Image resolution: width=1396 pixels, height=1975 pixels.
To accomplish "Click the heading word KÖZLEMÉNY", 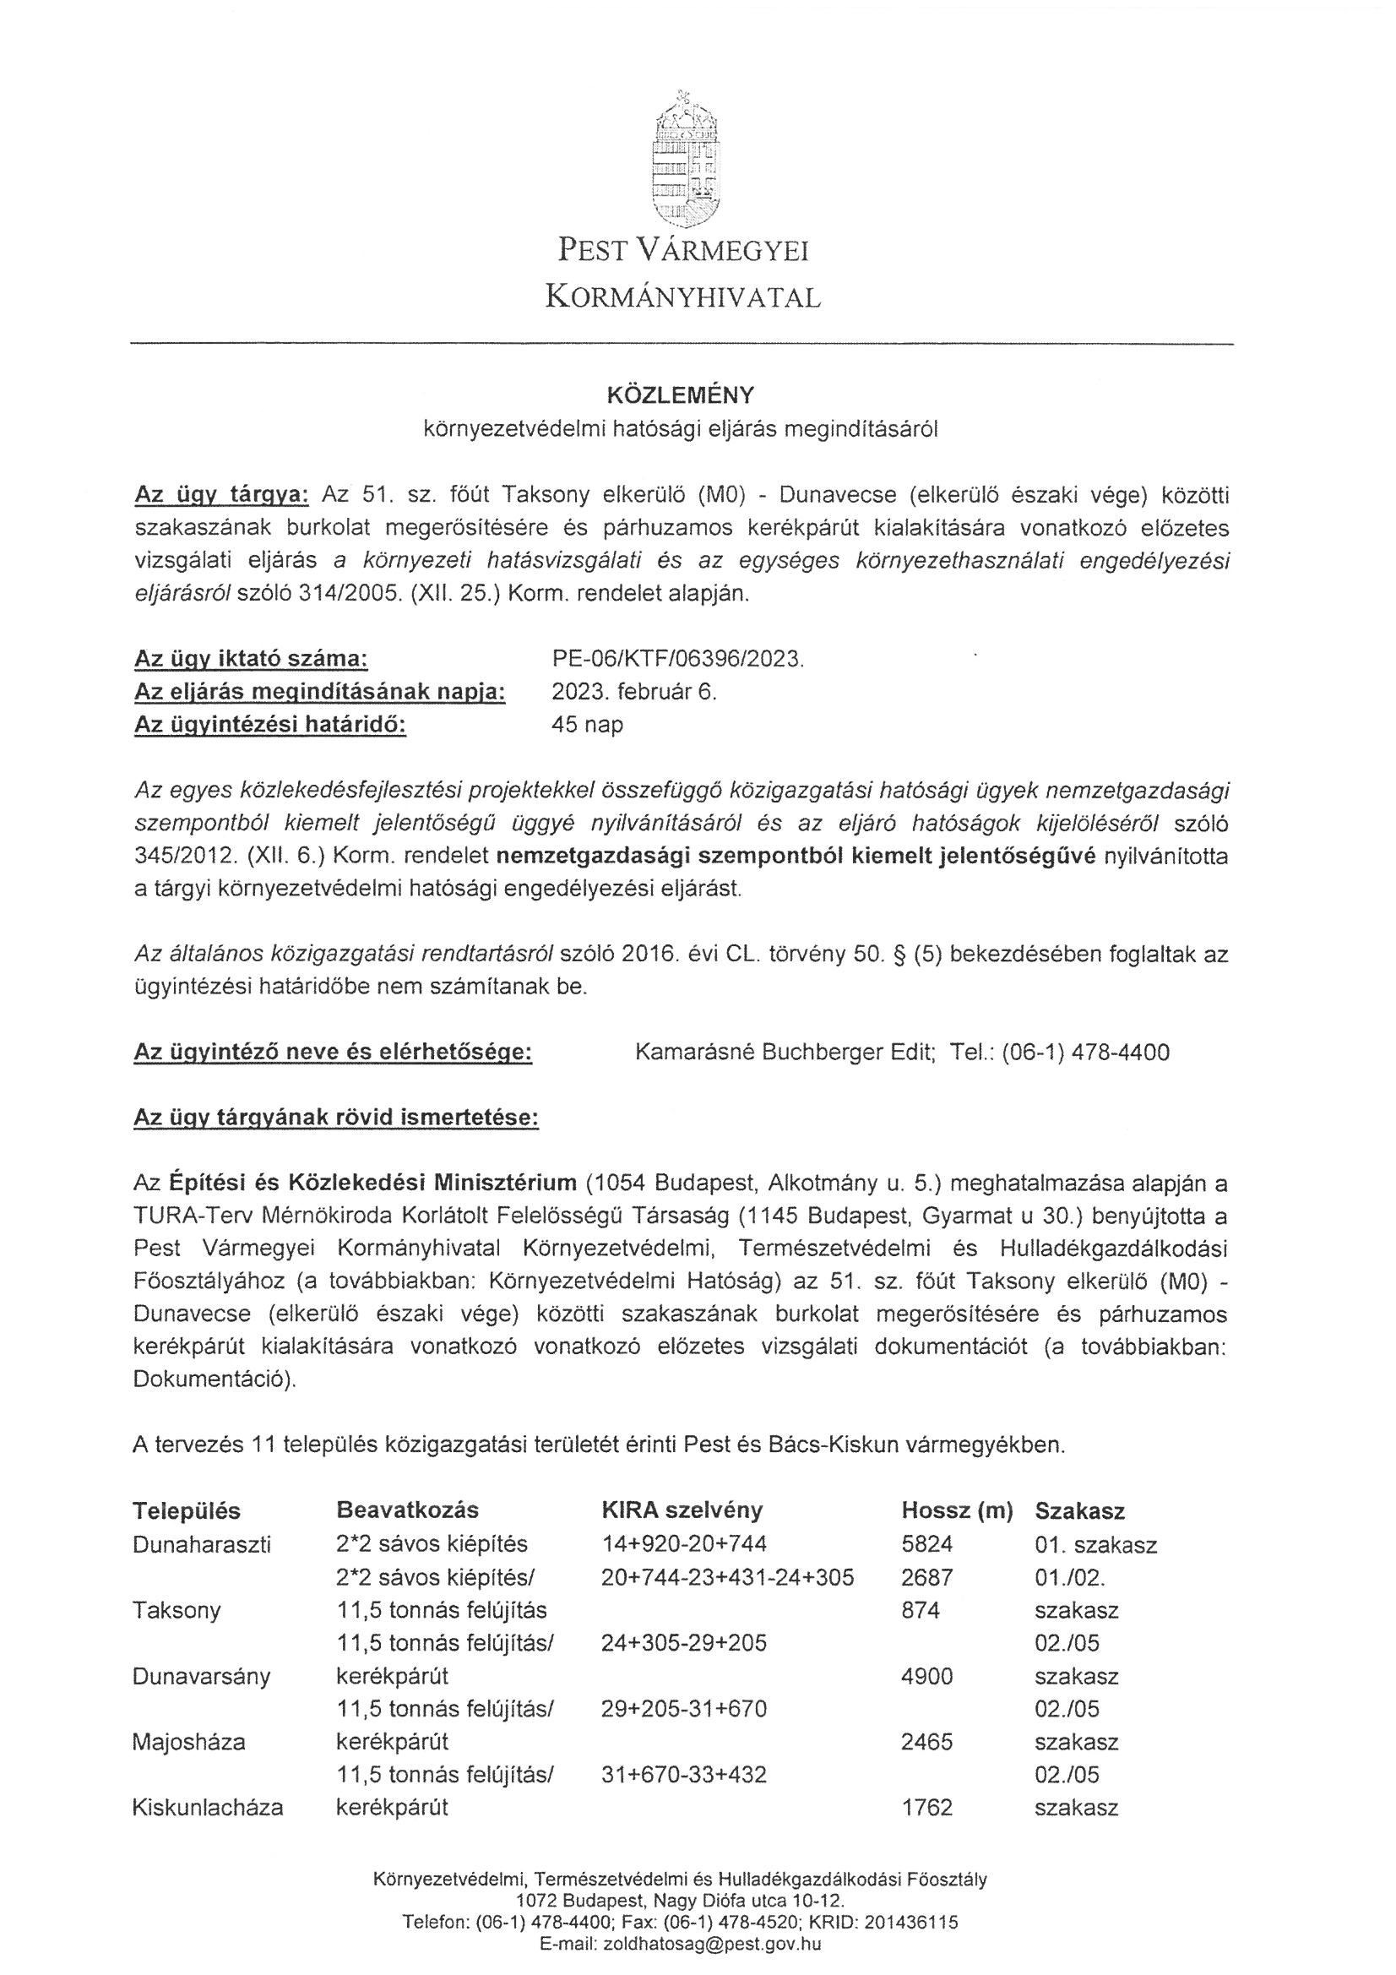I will pyautogui.click(x=681, y=394).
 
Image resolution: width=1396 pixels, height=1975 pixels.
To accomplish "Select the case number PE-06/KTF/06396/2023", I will pyautogui.click(x=677, y=660).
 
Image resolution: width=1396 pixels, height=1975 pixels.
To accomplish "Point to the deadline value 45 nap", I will pyautogui.click(x=587, y=724).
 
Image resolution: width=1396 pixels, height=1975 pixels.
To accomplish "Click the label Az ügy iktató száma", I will pyautogui.click(x=251, y=660).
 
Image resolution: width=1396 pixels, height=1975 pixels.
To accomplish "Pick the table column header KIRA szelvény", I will pyautogui.click(x=682, y=1510).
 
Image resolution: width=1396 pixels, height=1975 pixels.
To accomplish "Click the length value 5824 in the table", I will pyautogui.click(x=926, y=1544).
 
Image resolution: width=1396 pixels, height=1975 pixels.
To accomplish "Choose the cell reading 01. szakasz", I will pyautogui.click(x=1096, y=1544).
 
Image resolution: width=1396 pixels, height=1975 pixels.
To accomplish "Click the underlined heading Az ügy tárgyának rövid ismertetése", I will pyautogui.click(x=336, y=1118).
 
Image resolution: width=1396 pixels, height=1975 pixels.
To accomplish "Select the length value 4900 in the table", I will pyautogui.click(x=926, y=1676).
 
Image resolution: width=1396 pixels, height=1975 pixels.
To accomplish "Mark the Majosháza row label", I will pyautogui.click(x=188, y=1742).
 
